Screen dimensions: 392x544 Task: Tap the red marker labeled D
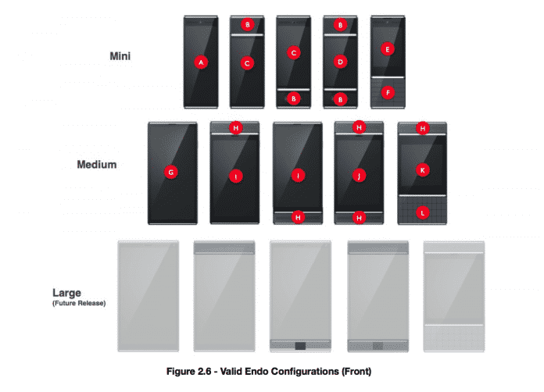[x=340, y=61]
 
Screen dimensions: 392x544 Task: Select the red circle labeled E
[x=387, y=48]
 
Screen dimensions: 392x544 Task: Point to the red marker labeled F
[x=387, y=92]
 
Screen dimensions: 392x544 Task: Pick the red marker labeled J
[x=359, y=175]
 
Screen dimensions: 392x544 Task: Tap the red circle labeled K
[x=423, y=169]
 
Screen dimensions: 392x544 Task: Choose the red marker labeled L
[x=423, y=211]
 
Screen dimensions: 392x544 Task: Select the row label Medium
[x=97, y=165]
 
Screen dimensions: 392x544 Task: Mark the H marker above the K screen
[x=423, y=128]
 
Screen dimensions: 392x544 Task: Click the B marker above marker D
[x=340, y=25]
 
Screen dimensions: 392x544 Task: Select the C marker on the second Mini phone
[x=248, y=63]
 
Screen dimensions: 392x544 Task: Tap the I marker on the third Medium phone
[x=298, y=175]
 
